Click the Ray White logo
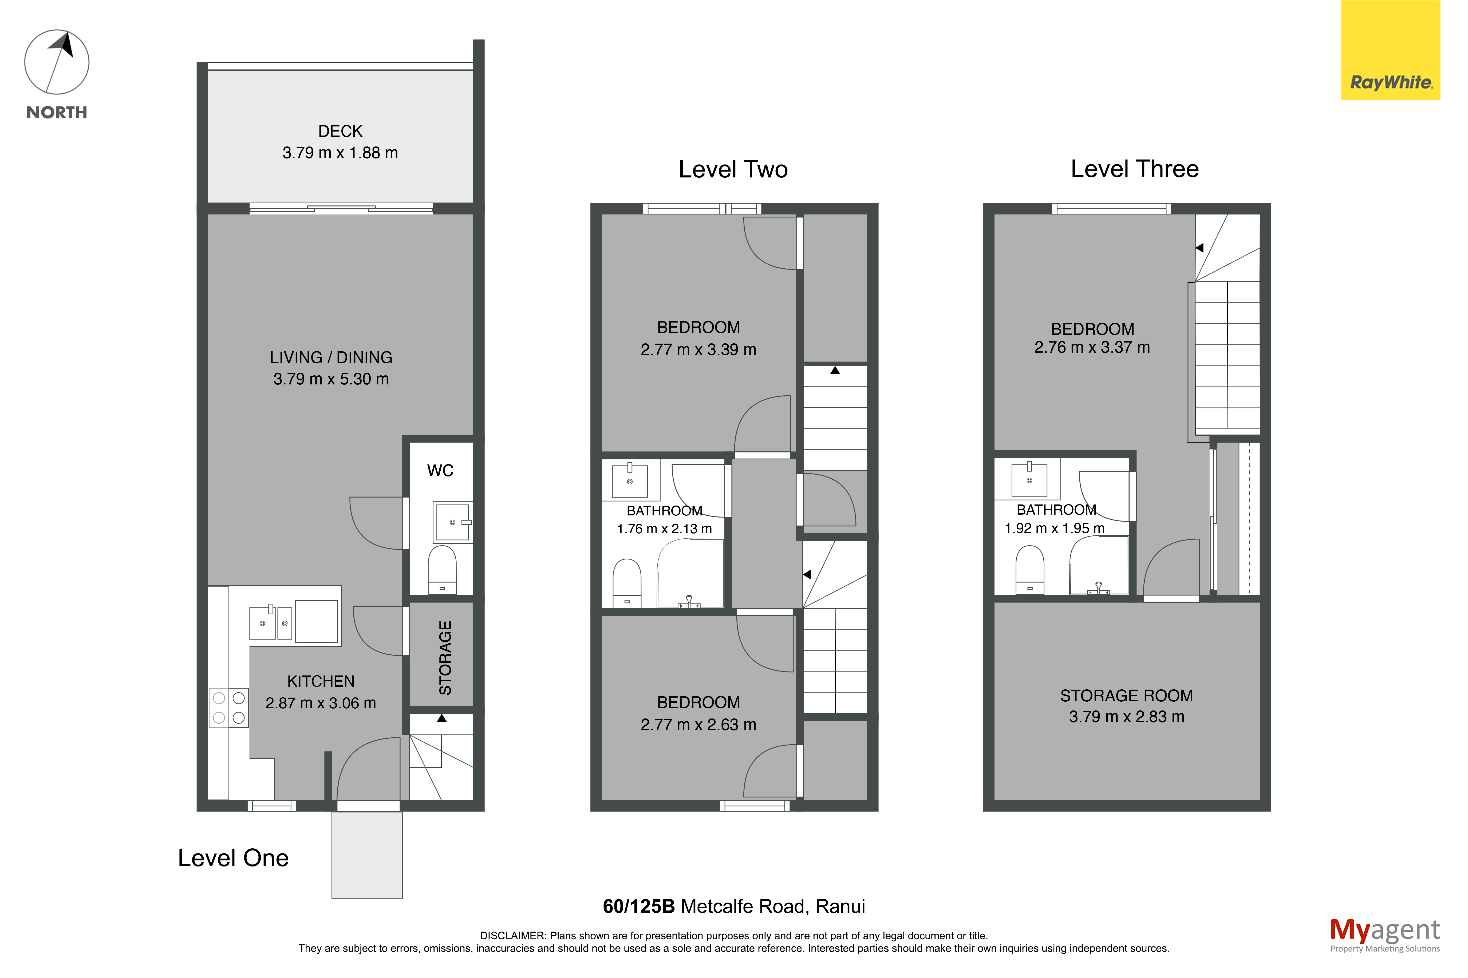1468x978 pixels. click(x=1390, y=50)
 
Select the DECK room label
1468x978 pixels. click(x=340, y=131)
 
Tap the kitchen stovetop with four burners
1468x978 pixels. click(x=228, y=708)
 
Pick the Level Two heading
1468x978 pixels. click(x=733, y=169)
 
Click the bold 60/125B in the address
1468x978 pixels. click(x=639, y=906)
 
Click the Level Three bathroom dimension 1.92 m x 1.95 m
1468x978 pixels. click(x=1054, y=528)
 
